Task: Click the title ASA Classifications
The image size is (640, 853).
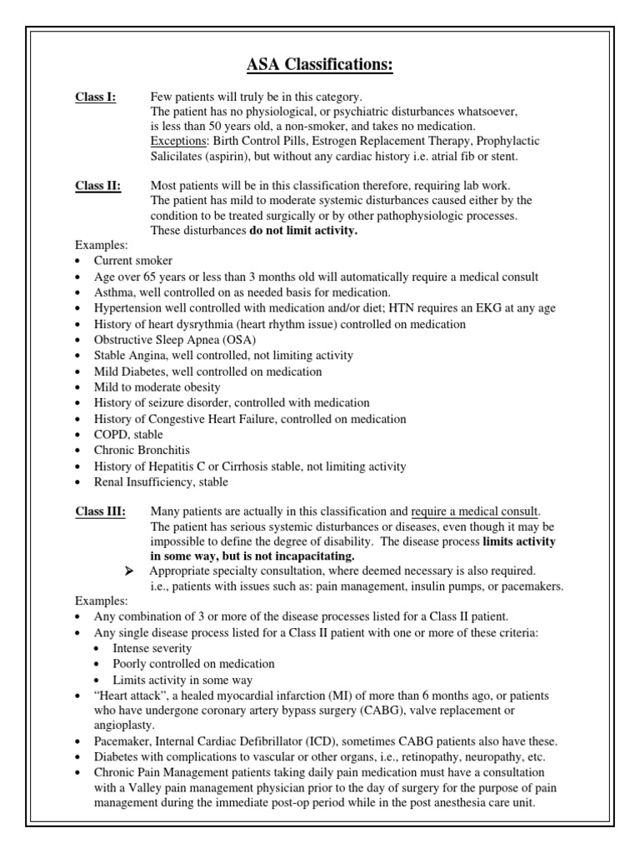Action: tap(319, 65)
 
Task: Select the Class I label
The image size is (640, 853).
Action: tap(96, 97)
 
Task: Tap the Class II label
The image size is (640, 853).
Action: tap(97, 186)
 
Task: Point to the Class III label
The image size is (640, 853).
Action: tap(100, 511)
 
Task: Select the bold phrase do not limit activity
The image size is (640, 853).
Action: tap(303, 231)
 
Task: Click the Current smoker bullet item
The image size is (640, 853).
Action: tap(133, 262)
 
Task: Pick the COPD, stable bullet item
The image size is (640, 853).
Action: tap(128, 435)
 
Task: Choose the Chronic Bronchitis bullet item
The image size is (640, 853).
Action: tap(143, 451)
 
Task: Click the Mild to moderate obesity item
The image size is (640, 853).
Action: tap(157, 387)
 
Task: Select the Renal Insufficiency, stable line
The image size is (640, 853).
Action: tap(161, 482)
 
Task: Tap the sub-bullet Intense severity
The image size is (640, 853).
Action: tap(152, 648)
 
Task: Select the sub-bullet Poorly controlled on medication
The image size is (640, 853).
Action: tap(193, 664)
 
